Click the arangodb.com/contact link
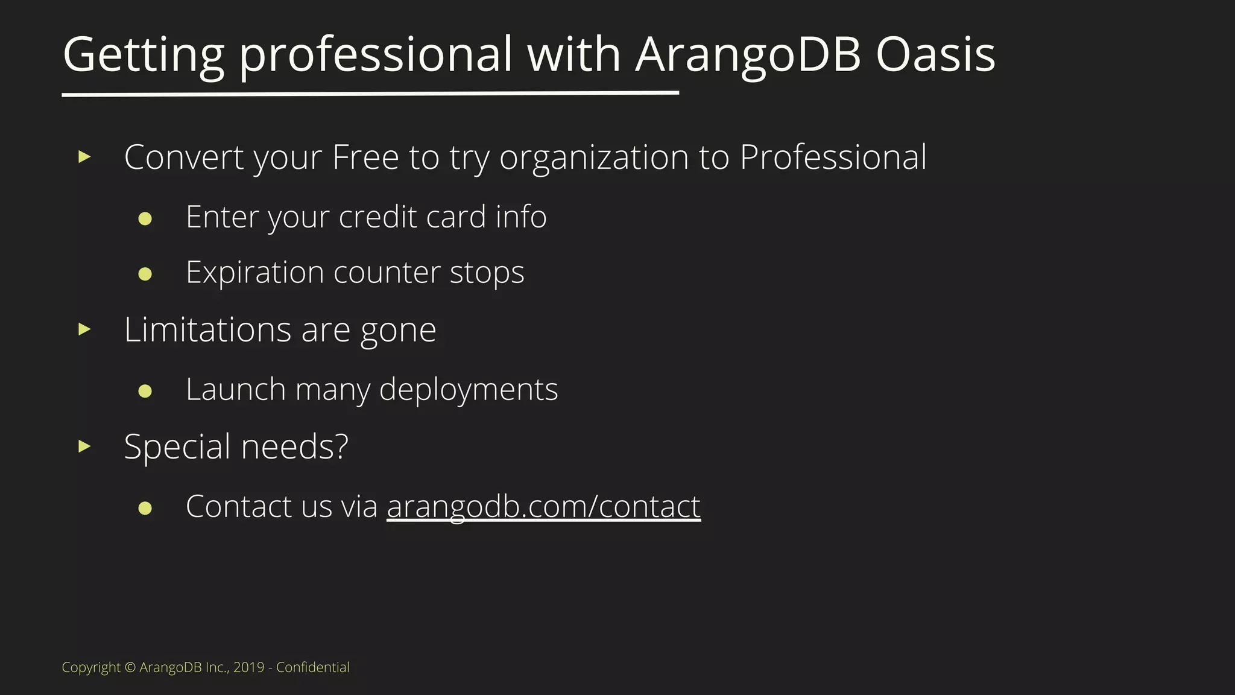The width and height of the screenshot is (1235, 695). [x=543, y=506]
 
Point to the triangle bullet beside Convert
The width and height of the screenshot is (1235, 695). [x=84, y=157]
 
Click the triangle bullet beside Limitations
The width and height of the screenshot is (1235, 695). [x=84, y=329]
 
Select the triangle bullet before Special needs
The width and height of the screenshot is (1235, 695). [x=84, y=446]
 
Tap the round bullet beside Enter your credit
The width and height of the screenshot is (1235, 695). [x=145, y=218]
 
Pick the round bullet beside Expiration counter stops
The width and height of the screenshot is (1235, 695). [x=145, y=274]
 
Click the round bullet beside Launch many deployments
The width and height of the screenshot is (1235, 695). [x=145, y=391]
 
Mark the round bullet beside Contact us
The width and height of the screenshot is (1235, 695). [x=145, y=508]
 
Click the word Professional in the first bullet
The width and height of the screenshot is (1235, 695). [x=833, y=157]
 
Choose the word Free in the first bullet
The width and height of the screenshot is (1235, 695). [x=365, y=157]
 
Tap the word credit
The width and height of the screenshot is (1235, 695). [x=378, y=217]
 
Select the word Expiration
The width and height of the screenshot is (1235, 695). [x=254, y=273]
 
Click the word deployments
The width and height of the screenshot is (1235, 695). [x=469, y=390]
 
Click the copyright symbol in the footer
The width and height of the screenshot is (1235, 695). [x=130, y=667]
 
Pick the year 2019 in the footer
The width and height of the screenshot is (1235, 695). [x=248, y=667]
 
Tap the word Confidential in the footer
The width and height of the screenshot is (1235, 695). [x=312, y=667]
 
